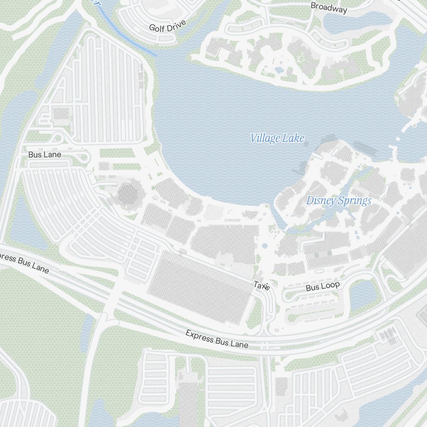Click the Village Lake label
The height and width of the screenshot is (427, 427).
coord(277,138)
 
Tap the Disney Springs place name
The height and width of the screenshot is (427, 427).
coord(339,201)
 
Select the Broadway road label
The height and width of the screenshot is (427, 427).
coord(329,8)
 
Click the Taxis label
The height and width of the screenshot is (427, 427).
coord(262,285)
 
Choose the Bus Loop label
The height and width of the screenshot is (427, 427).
coord(322,287)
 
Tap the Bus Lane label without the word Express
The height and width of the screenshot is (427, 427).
coord(45,155)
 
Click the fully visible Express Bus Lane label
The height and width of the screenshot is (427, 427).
coord(216,339)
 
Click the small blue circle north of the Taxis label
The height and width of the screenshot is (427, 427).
coord(264,246)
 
